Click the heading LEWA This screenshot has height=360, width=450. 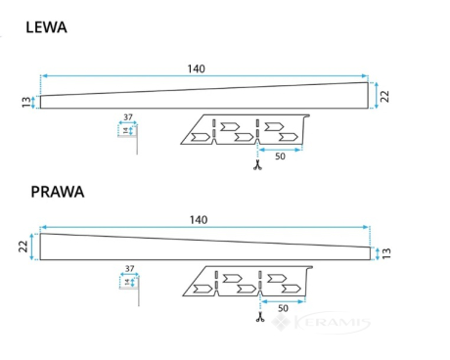point(46,27)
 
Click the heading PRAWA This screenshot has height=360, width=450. point(58,192)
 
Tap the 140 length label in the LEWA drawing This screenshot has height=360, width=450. point(196,68)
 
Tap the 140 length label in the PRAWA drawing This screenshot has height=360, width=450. point(199,220)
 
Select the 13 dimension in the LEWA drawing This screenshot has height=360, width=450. point(26,102)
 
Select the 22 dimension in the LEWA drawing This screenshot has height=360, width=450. point(385,96)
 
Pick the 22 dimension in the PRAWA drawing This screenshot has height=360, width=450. point(23,247)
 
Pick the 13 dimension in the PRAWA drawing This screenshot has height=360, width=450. point(386,253)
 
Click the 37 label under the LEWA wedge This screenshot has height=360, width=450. point(128,117)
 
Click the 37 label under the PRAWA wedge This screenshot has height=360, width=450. point(130,268)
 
